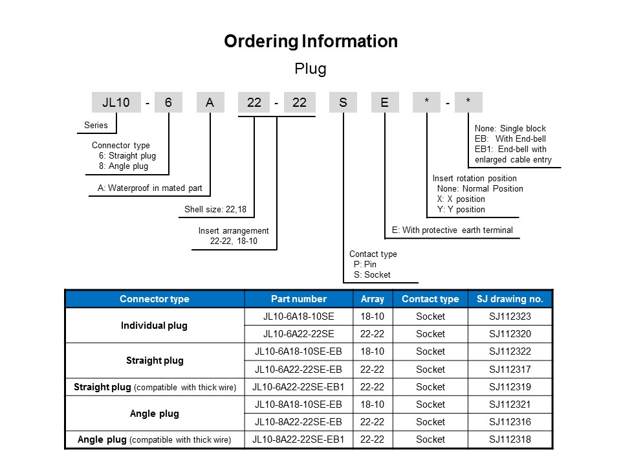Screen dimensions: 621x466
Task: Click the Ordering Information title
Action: (x=311, y=41)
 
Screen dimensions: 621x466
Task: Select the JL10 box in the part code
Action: (x=116, y=102)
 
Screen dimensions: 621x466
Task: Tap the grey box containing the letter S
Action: (x=343, y=102)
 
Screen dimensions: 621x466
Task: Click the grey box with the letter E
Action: (x=384, y=102)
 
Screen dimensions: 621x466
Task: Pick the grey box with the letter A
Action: (x=210, y=102)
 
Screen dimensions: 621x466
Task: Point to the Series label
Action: (x=96, y=125)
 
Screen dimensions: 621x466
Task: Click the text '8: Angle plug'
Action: (x=124, y=166)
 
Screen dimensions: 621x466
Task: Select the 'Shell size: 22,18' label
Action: (x=215, y=209)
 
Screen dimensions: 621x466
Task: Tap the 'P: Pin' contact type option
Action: (x=365, y=264)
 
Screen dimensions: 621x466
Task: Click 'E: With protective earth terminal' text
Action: (x=452, y=230)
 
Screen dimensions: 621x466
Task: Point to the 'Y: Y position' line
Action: (x=461, y=209)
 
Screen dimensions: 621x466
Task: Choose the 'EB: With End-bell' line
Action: (x=510, y=139)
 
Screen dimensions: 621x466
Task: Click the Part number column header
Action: (x=299, y=299)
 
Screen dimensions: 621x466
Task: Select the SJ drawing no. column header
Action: (x=510, y=299)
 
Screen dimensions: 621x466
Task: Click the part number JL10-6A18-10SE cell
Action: (x=299, y=316)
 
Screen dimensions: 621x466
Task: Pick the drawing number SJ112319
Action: (x=510, y=387)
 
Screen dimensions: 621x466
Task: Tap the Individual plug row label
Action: (x=154, y=326)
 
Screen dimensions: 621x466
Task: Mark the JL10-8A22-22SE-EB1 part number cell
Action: (x=298, y=439)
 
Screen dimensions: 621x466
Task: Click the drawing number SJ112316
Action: (x=510, y=421)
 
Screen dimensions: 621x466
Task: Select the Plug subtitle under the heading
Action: (x=310, y=69)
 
